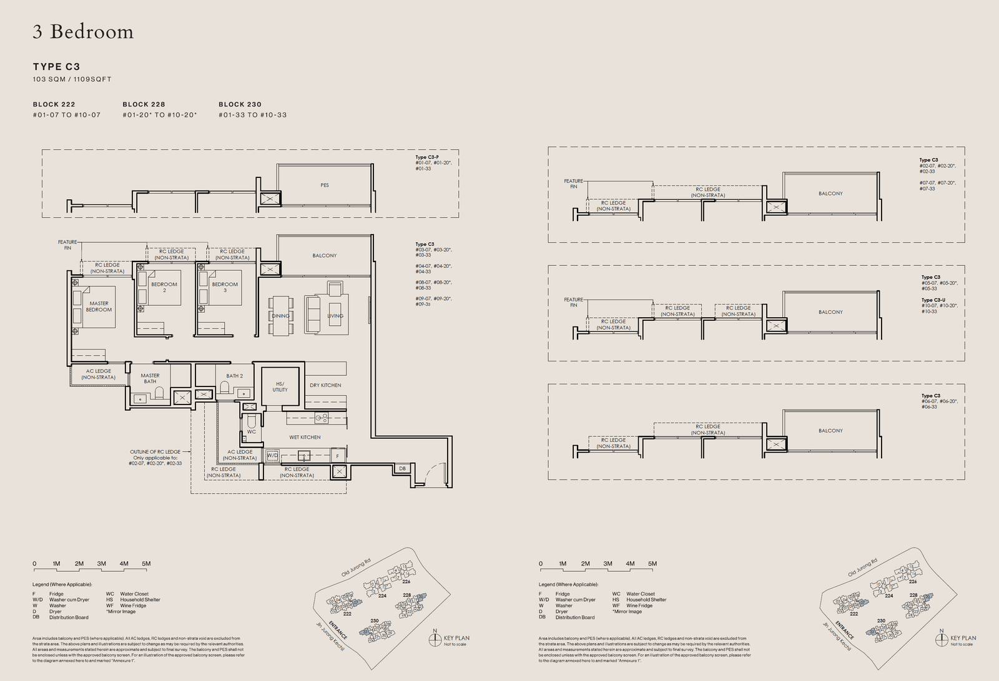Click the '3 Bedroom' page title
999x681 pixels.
[83, 32]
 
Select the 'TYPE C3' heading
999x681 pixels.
[56, 67]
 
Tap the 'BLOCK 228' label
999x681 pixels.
[144, 104]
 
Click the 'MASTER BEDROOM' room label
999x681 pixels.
[99, 306]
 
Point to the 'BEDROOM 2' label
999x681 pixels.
[164, 287]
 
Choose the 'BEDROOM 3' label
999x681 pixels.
[225, 287]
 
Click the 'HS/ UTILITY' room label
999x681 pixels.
[280, 387]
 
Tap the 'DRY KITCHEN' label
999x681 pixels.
[325, 385]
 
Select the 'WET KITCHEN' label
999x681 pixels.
[305, 437]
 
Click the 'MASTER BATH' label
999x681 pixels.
[150, 378]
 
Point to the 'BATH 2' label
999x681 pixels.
[234, 376]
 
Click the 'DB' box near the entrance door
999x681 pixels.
[402, 469]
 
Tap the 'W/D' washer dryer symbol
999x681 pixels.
[272, 456]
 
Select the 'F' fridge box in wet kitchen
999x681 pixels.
[337, 456]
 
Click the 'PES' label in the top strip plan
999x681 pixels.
[325, 185]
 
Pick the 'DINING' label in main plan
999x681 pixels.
[280, 316]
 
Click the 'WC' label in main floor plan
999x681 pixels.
[251, 431]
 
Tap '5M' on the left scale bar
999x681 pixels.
[146, 564]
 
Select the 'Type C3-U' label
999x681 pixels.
[933, 300]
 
